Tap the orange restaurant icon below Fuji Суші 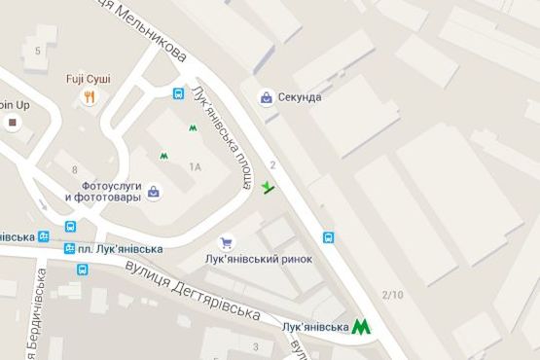[x=89, y=96]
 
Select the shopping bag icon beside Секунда [x=266, y=97]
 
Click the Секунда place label [x=298, y=97]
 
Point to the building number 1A [x=195, y=167]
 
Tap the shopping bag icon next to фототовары [x=154, y=195]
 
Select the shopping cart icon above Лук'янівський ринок [x=227, y=242]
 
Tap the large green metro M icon [x=362, y=328]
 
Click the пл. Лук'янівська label [x=120, y=249]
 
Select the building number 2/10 [x=393, y=295]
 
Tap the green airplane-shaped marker [x=269, y=186]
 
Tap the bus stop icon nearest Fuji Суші [x=179, y=94]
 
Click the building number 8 [x=74, y=170]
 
